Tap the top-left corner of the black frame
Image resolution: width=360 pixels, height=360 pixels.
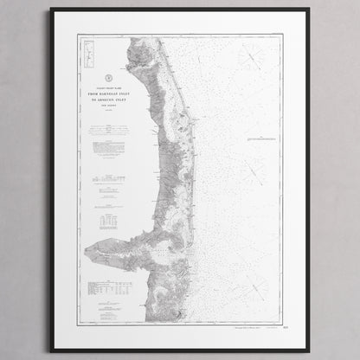(x=51, y=9)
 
